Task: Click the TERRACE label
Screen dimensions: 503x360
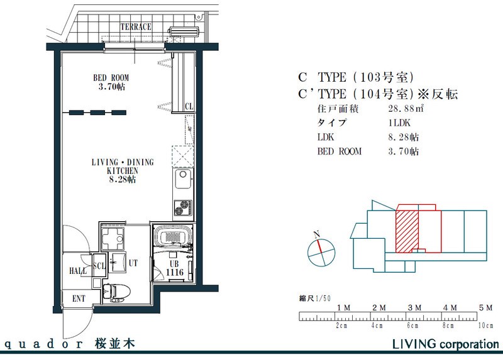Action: (x=136, y=26)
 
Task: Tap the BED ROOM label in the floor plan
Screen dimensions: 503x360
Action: (x=111, y=78)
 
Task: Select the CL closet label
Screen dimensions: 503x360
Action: (x=189, y=106)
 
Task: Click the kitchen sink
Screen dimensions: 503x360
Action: (x=183, y=178)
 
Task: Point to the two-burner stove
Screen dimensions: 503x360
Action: (x=183, y=208)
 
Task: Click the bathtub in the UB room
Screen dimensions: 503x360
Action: (x=174, y=237)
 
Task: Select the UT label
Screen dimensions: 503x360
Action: (x=133, y=263)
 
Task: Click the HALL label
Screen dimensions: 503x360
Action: (x=78, y=271)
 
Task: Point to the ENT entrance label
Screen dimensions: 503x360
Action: (x=79, y=299)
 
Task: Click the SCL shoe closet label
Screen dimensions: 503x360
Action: (x=99, y=266)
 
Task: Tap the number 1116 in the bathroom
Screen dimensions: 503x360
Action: (x=175, y=273)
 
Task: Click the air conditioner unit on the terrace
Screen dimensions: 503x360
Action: (x=185, y=31)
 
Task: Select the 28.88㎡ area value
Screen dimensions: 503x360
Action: (x=406, y=108)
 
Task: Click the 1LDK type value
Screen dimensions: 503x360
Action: (x=399, y=123)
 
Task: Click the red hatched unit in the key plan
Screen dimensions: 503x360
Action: (x=407, y=231)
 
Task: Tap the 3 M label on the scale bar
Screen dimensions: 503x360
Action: (x=414, y=308)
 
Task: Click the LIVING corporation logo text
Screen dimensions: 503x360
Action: (x=446, y=344)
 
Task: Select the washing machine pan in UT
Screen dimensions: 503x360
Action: (x=113, y=239)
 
